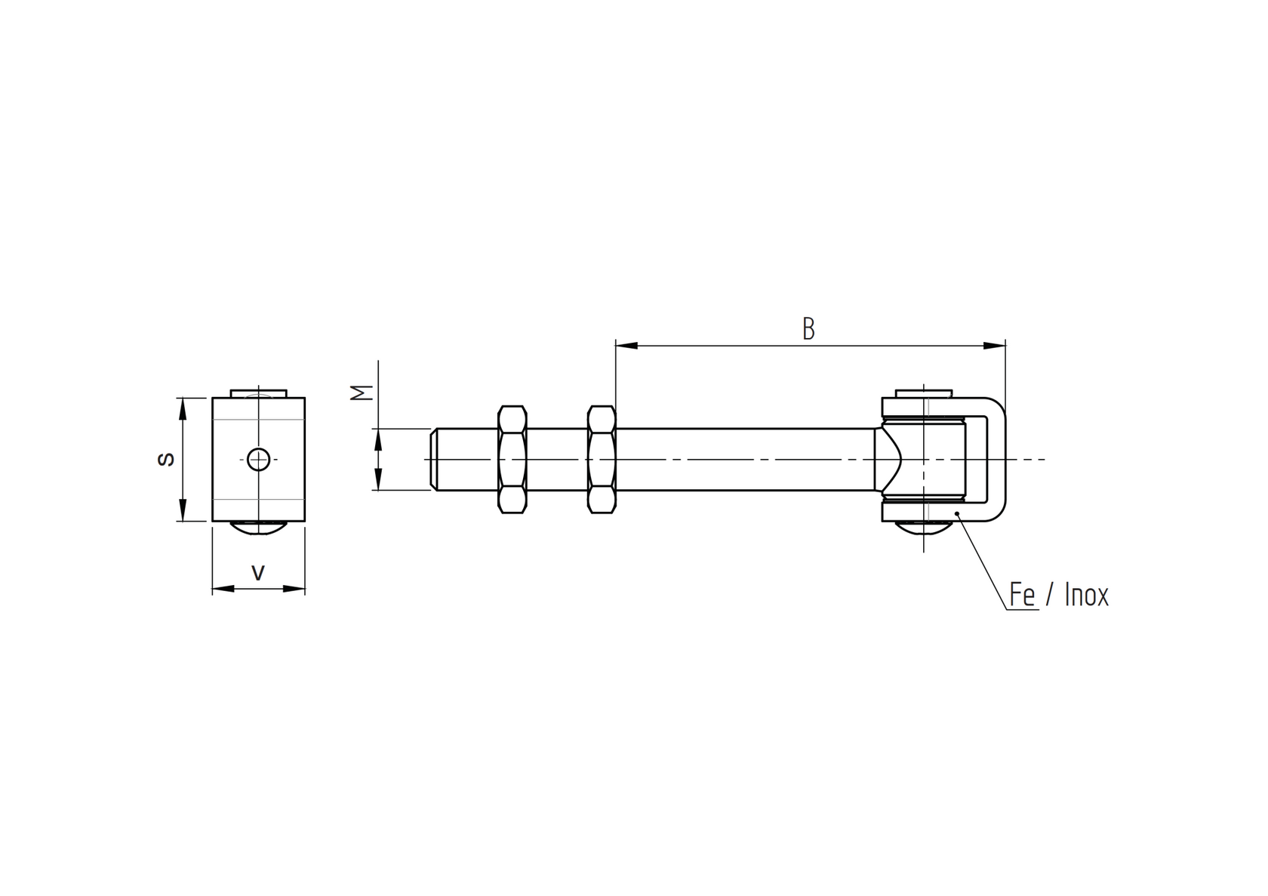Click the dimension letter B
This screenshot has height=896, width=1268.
pyautogui.click(x=808, y=329)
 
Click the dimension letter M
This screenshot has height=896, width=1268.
pyautogui.click(x=364, y=393)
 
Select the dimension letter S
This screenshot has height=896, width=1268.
pyautogui.click(x=167, y=459)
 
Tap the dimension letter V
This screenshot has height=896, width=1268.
pyautogui.click(x=258, y=574)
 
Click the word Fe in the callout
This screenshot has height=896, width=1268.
pyautogui.click(x=1022, y=595)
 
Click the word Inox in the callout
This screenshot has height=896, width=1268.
pyautogui.click(x=1086, y=595)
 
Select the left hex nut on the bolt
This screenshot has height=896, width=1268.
pyautogui.click(x=512, y=459)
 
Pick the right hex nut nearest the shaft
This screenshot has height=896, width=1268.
pyautogui.click(x=601, y=459)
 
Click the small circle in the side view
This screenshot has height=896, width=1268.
pyautogui.click(x=259, y=459)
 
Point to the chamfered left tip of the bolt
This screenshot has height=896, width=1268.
pyautogui.click(x=434, y=459)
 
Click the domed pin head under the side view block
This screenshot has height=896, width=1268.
pyautogui.click(x=258, y=528)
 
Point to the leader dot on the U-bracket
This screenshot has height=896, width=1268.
pyautogui.click(x=957, y=513)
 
